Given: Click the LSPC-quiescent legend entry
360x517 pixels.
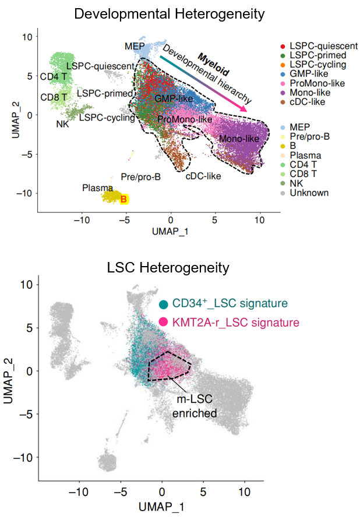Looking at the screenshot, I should pyautogui.click(x=317, y=46).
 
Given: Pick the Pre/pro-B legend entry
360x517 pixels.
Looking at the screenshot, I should pyautogui.click(x=313, y=137).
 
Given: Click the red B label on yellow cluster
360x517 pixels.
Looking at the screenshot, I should pyautogui.click(x=123, y=200).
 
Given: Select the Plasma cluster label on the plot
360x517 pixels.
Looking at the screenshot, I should pyautogui.click(x=94, y=187).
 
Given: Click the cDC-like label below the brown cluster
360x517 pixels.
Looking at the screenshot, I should pyautogui.click(x=203, y=174).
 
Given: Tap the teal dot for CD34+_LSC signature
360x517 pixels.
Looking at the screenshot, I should pyautogui.click(x=165, y=304).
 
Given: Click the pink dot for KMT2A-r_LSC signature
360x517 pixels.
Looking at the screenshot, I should pyautogui.click(x=165, y=322).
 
